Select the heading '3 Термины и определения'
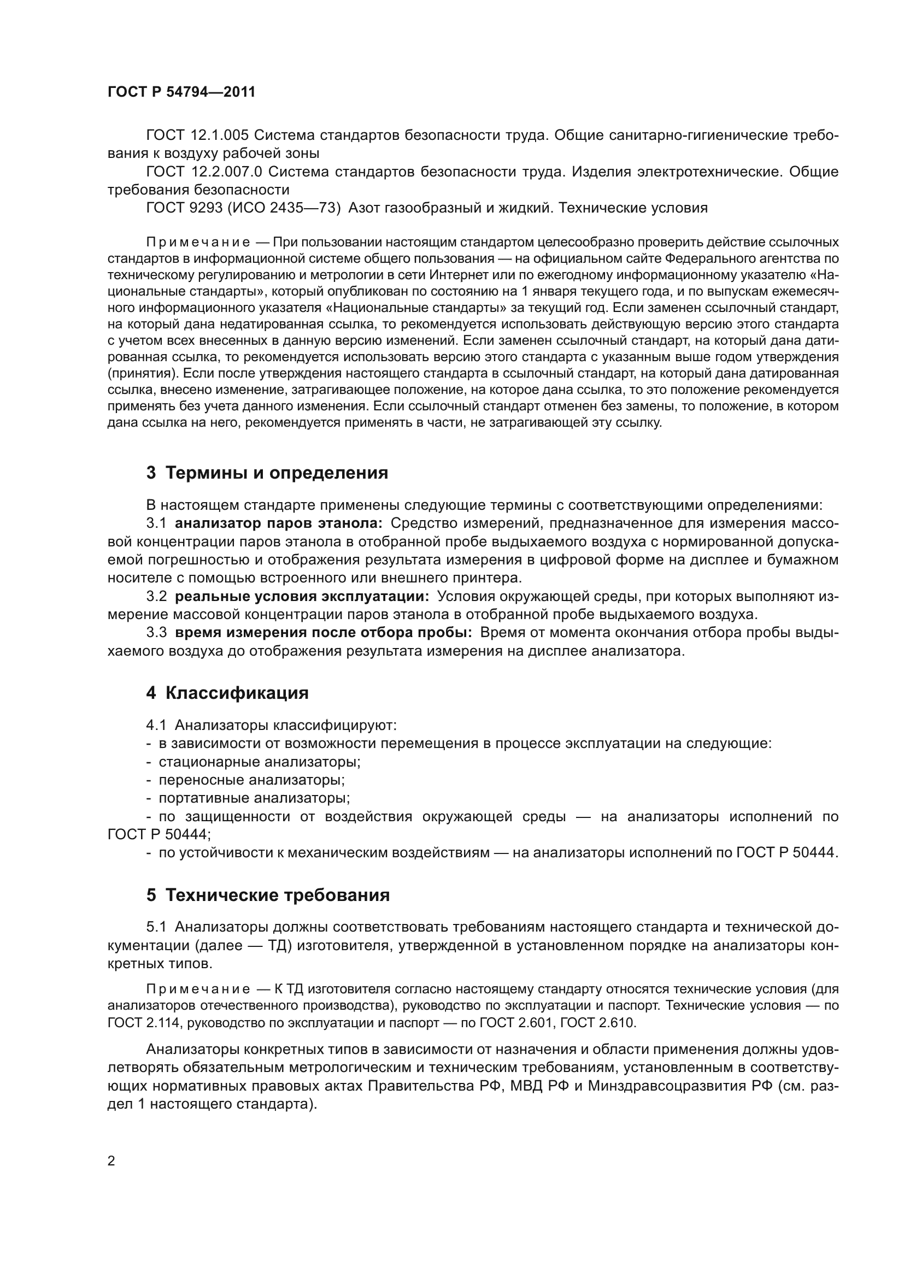[x=267, y=473]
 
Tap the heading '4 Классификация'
[x=227, y=693]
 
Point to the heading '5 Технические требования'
[x=268, y=895]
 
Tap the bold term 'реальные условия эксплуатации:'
[x=302, y=597]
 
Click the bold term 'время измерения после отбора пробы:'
[x=324, y=633]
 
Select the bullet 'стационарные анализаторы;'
[x=260, y=762]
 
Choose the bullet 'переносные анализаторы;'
[x=251, y=780]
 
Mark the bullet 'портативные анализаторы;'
[x=254, y=798]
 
